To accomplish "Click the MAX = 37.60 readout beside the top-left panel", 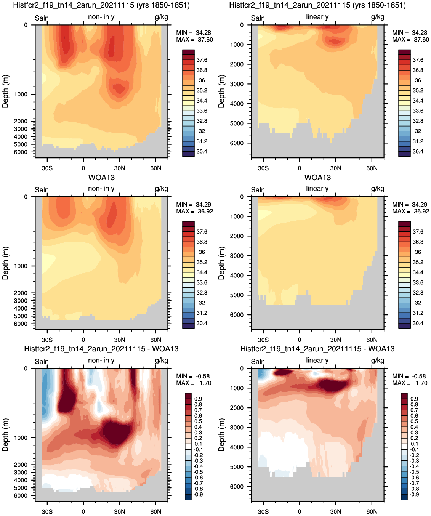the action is (194, 40).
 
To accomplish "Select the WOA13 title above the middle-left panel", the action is (101, 178).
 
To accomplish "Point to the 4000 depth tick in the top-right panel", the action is (237, 104).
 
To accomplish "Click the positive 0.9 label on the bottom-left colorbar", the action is (198, 399).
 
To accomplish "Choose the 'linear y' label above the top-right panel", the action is (317, 17).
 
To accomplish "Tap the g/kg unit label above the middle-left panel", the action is (161, 189).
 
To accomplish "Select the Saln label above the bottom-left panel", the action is (42, 362).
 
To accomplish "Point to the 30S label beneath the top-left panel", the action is (47, 168).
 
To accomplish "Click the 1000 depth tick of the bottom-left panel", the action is (21, 438).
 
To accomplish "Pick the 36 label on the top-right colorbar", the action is (418, 80).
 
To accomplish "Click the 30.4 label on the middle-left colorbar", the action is (202, 323).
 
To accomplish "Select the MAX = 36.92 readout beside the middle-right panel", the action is (410, 211).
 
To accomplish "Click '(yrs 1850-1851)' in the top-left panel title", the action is (163, 5).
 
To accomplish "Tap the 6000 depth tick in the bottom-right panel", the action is (237, 487).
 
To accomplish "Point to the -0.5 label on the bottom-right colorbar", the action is (414, 472).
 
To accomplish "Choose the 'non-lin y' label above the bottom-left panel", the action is (101, 360).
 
